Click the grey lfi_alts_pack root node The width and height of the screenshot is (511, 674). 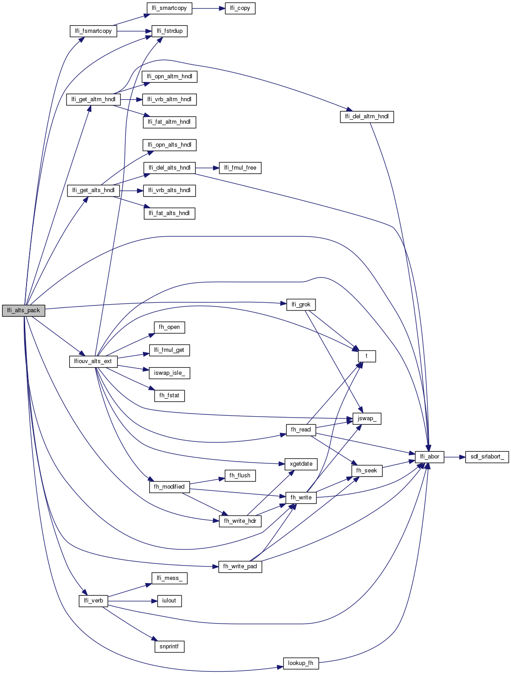click(23, 310)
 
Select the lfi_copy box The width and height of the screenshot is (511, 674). click(240, 8)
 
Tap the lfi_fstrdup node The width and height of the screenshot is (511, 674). click(169, 31)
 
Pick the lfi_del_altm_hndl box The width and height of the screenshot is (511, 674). click(367, 117)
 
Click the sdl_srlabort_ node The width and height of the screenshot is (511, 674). click(487, 457)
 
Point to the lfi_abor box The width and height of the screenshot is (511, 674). click(430, 457)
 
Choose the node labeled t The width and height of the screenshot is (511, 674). click(367, 356)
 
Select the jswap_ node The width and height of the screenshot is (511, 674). click(367, 418)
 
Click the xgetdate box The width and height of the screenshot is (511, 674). click(301, 464)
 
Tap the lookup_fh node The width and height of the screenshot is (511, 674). click(301, 663)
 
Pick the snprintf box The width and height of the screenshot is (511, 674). click(169, 647)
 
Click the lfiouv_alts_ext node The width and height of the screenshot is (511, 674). click(93, 361)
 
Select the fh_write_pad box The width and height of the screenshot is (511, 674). click(240, 566)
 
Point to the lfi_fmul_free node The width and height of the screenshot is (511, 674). click(240, 168)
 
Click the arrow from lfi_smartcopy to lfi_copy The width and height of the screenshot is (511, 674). click(208, 8)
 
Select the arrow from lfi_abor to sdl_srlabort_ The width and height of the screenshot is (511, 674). click(454, 457)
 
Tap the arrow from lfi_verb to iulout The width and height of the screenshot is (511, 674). click(132, 601)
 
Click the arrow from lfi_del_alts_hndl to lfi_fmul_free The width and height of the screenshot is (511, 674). click(207, 168)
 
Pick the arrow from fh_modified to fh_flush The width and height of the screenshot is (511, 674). click(207, 481)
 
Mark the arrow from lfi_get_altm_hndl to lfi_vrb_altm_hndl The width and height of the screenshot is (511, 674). click(131, 99)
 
